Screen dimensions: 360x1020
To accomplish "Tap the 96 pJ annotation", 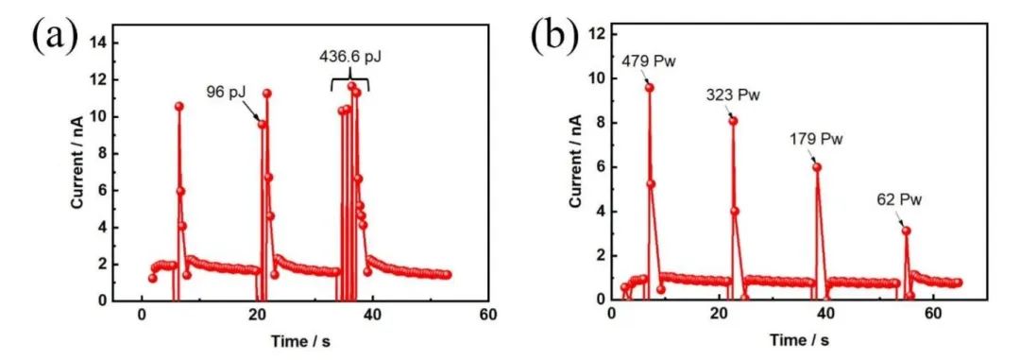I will click(226, 92).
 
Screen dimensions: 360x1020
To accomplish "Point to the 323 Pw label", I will click(733, 95).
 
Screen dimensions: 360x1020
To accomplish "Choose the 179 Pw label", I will click(816, 140).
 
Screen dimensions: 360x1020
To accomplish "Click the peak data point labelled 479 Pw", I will click(649, 87).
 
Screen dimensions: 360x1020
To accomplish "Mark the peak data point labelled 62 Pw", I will click(906, 231).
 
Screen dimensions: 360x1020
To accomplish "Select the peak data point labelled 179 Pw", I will click(817, 167).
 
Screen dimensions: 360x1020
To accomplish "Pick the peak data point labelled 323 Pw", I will click(733, 121).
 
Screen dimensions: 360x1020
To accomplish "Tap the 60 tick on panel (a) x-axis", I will click(487, 315).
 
